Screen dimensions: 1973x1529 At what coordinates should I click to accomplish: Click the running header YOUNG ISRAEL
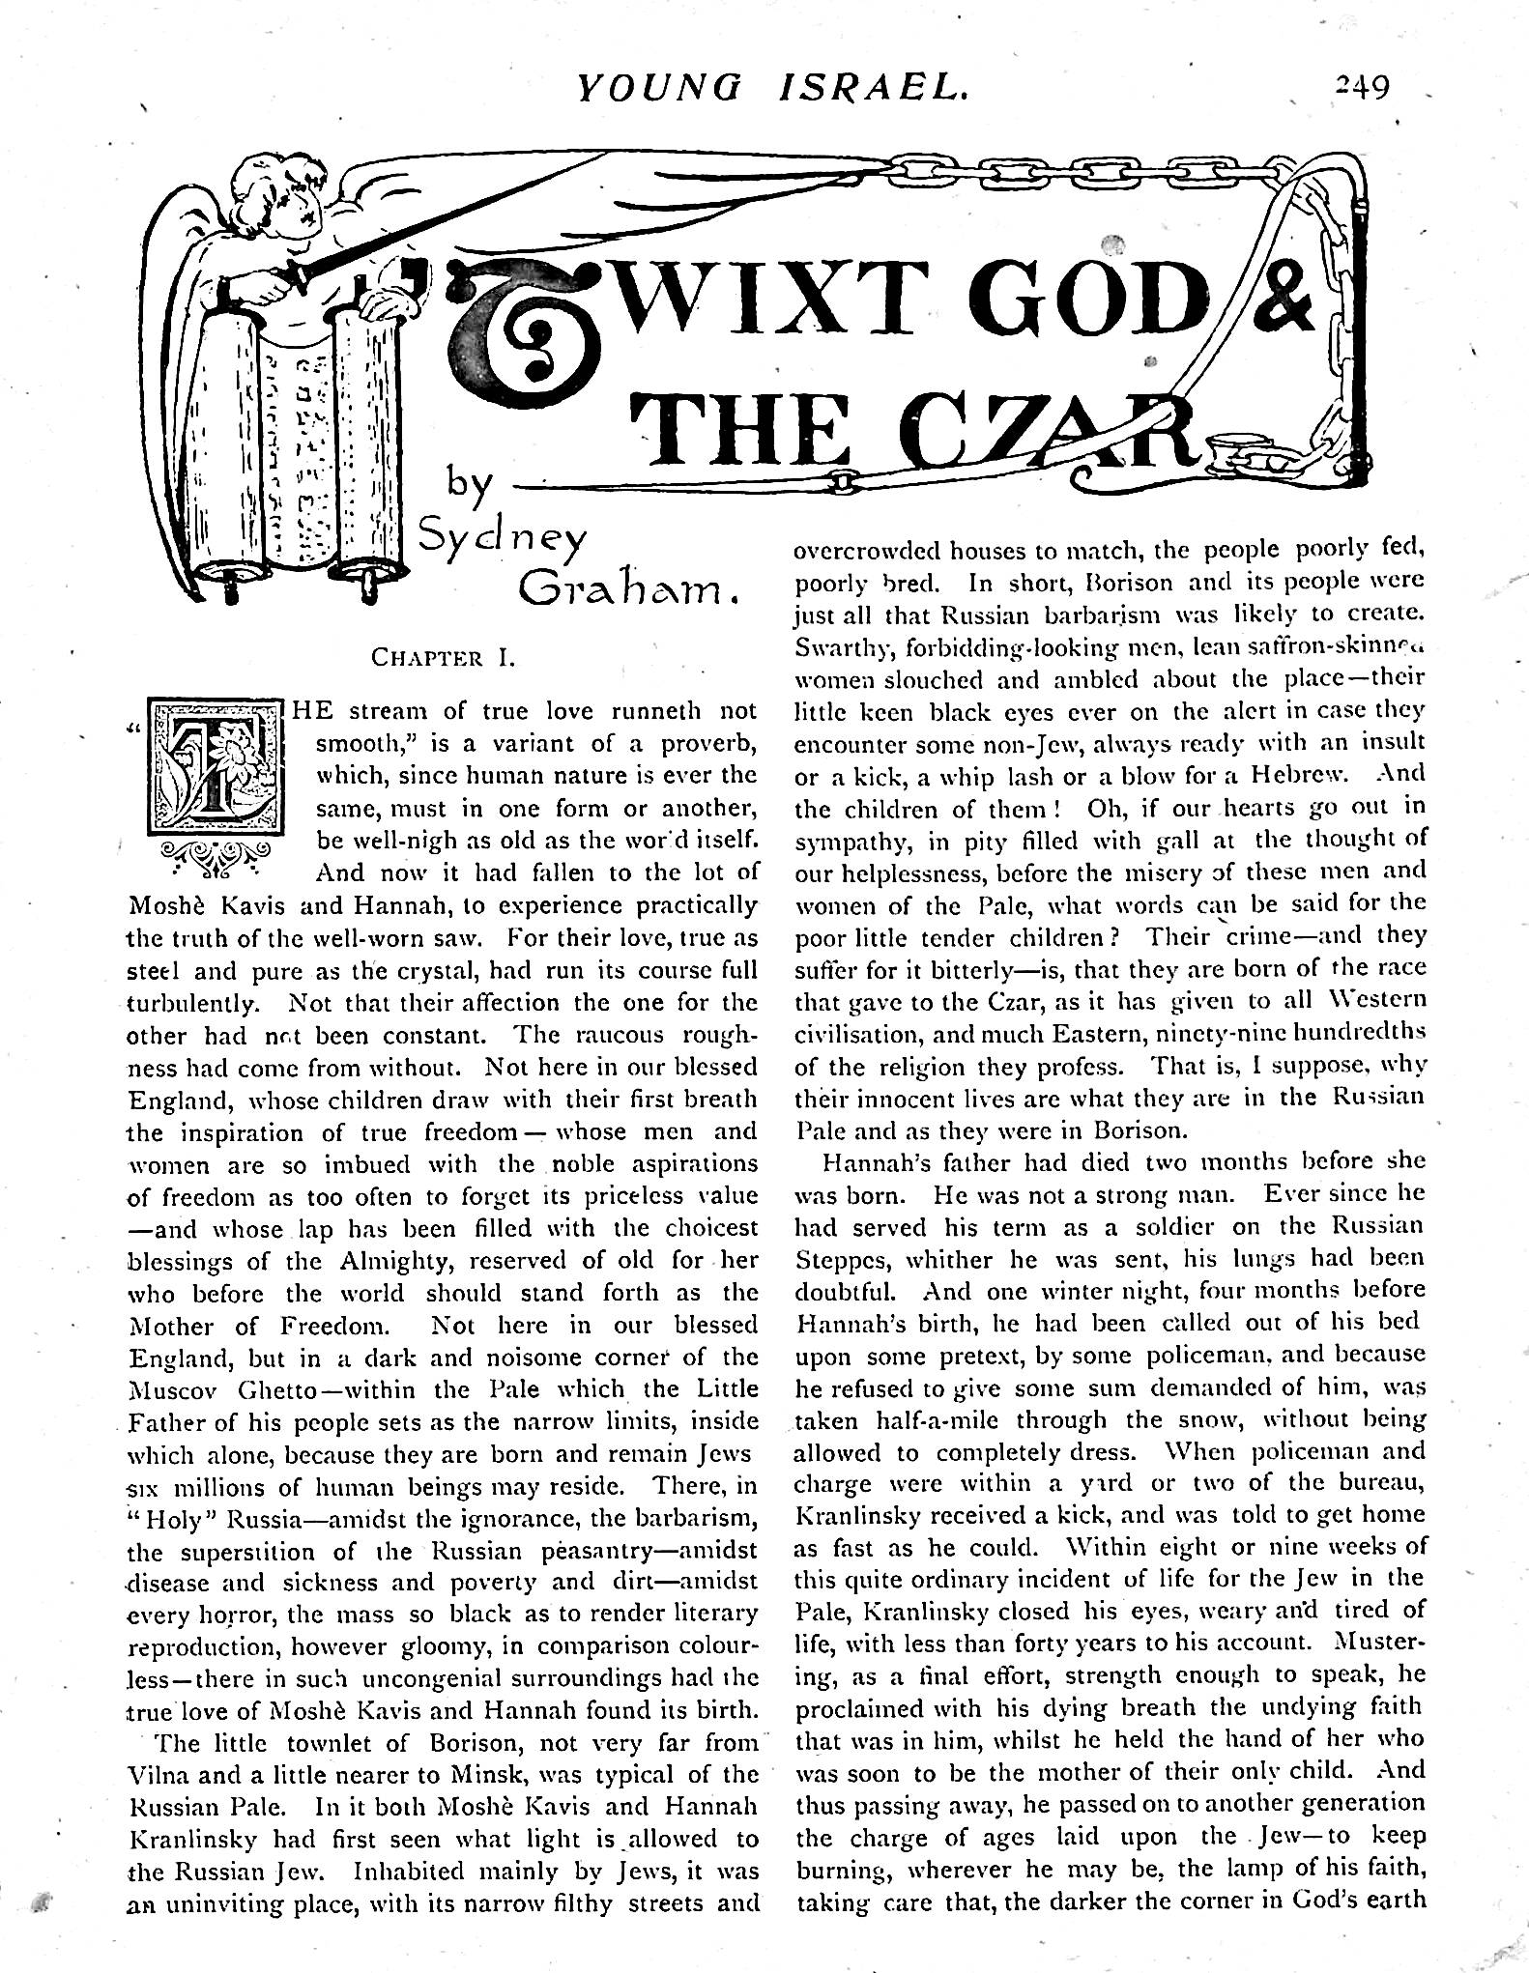coord(771,89)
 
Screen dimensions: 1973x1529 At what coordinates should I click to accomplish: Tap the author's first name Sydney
coord(502,547)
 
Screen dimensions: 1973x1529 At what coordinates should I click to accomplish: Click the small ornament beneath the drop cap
coord(216,854)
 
